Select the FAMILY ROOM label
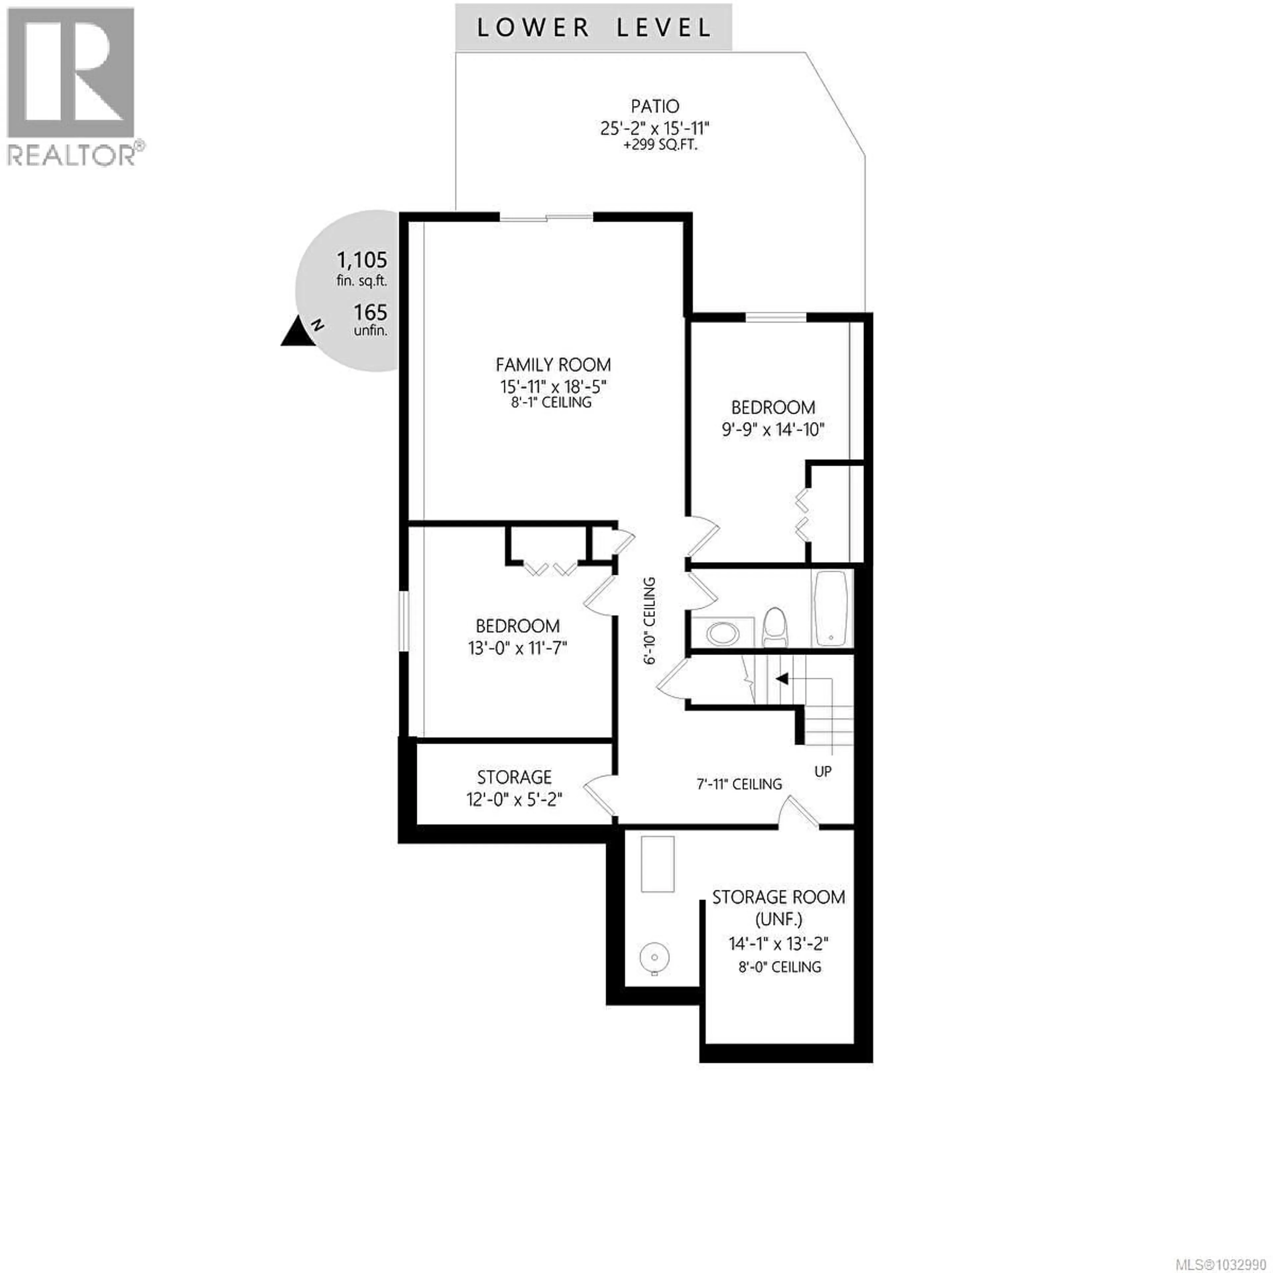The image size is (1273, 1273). point(553,364)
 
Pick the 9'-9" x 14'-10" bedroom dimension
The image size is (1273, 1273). point(773,430)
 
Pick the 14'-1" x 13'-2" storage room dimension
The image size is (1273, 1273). point(778,943)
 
